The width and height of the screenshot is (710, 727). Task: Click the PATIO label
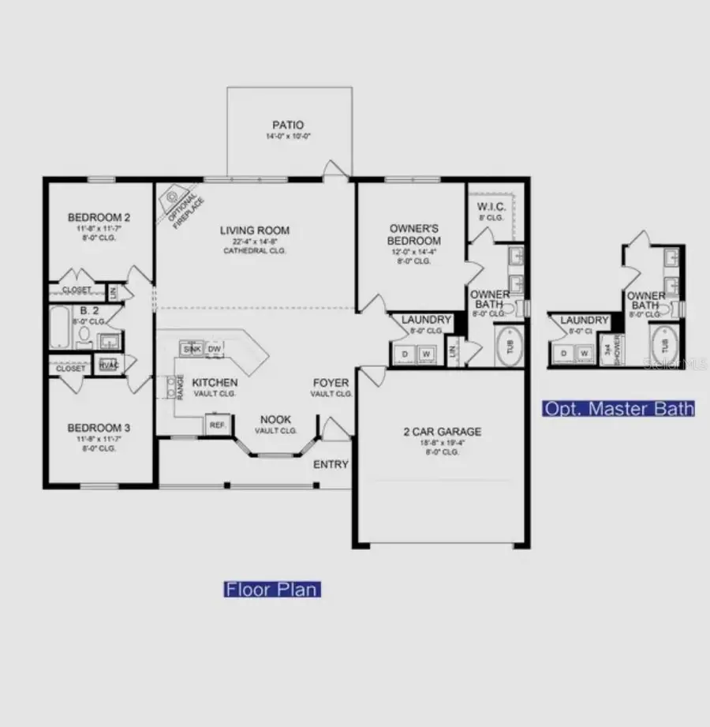(288, 125)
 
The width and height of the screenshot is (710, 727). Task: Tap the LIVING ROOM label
(254, 230)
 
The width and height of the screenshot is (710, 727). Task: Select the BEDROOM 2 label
(99, 217)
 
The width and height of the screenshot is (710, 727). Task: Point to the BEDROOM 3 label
(99, 428)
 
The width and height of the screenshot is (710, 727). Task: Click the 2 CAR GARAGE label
(441, 432)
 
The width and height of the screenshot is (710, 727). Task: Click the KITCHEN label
(215, 382)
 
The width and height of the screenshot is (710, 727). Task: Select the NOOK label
(275, 419)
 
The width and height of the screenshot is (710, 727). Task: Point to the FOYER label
(331, 383)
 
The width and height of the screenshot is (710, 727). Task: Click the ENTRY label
(331, 464)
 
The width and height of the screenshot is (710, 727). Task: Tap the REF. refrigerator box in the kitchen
(218, 424)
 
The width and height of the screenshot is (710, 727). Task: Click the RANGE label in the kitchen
(180, 386)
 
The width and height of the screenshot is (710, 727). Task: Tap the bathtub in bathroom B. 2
(61, 328)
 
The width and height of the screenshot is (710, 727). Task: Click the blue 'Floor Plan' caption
(272, 589)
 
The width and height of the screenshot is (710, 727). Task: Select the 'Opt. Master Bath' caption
(618, 408)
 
